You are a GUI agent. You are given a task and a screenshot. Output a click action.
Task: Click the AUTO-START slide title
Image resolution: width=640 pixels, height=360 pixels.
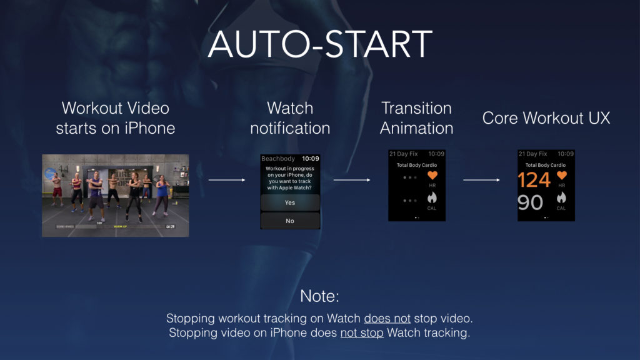tap(320, 44)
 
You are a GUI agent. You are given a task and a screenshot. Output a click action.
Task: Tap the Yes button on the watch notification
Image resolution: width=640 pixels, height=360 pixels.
tap(290, 202)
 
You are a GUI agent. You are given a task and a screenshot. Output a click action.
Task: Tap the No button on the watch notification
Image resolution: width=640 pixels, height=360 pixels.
tap(290, 221)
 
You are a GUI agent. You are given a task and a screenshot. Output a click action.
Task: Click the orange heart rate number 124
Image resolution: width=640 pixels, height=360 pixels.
tap(534, 180)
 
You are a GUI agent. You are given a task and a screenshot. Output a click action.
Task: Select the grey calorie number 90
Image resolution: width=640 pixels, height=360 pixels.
tap(530, 202)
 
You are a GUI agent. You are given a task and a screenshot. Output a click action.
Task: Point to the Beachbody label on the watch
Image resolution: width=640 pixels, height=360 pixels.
tap(277, 159)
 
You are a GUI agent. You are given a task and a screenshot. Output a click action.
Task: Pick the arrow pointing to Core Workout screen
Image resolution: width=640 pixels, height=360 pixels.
tap(482, 180)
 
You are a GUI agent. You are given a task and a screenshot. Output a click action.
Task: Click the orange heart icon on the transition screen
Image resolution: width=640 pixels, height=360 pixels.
tap(432, 176)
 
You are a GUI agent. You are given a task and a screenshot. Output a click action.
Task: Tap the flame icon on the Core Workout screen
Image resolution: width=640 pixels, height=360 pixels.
tap(561, 198)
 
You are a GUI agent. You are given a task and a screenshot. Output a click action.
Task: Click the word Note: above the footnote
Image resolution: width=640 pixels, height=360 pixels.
tap(319, 296)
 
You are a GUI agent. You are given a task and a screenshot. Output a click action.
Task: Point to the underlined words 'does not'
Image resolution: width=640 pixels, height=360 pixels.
tap(387, 319)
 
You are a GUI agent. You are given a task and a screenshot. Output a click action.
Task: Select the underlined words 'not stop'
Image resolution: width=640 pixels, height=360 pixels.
tap(362, 332)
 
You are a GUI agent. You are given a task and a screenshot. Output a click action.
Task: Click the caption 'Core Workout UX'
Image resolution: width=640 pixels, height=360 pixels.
tap(546, 118)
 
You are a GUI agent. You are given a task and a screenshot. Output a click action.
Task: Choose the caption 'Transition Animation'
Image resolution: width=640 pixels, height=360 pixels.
tap(416, 118)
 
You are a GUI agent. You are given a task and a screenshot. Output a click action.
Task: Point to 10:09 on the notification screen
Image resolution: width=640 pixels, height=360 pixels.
tap(310, 159)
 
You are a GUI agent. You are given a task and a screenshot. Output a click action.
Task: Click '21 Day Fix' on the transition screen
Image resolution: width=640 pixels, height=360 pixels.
tap(402, 154)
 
